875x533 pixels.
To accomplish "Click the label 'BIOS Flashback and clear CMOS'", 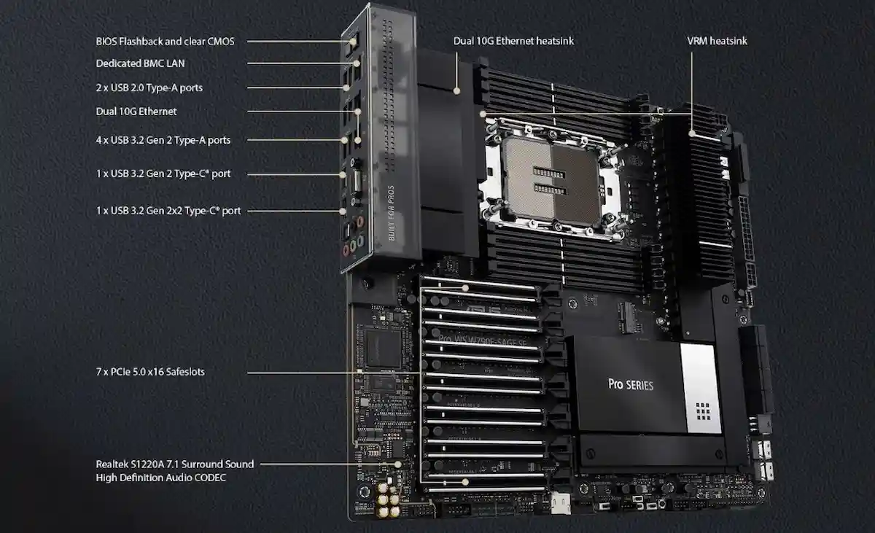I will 165,42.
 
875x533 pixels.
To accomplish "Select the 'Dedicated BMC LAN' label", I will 140,63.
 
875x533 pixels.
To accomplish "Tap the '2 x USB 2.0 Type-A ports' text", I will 149,87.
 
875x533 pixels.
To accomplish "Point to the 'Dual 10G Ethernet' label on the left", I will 136,112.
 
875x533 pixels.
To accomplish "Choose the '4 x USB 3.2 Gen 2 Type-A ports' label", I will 163,139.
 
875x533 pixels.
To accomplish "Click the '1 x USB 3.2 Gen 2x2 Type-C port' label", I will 168,211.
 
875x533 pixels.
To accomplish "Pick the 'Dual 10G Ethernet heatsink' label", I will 513,41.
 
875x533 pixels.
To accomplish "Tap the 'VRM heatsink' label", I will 717,41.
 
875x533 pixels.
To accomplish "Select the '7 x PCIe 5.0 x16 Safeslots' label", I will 150,372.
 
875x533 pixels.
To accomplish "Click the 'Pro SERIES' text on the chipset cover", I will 631,384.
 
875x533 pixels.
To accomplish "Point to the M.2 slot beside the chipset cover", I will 626,316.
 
